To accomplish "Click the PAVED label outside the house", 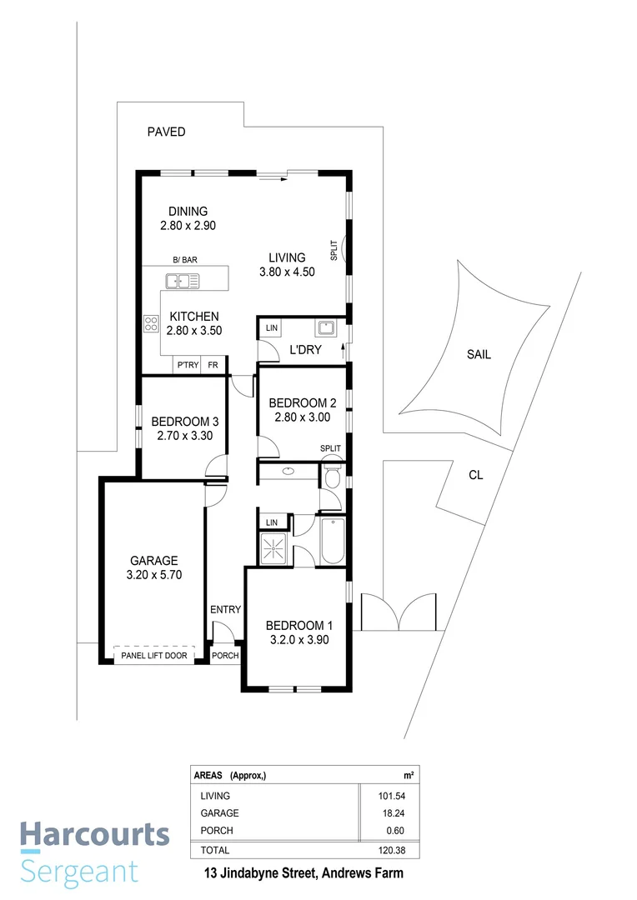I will coord(166,132).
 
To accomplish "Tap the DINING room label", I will coord(188,211).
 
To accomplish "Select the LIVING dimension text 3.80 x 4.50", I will coord(287,272).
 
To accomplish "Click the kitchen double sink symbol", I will coord(182,280).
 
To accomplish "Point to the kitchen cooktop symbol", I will coord(152,322).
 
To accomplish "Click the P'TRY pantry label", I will coord(184,365).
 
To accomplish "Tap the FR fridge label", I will coord(213,365).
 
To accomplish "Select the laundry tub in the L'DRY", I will coord(324,327).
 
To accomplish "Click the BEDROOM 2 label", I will coord(303,403).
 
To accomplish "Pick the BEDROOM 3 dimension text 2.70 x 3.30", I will coord(180,434).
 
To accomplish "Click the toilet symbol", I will coord(331,476).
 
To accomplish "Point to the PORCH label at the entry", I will coord(225,655).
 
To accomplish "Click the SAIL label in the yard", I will coord(479,354).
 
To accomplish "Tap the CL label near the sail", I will coord(475,475).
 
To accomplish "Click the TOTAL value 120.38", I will coord(379,850).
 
